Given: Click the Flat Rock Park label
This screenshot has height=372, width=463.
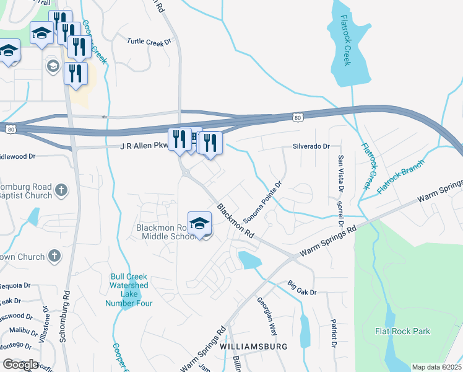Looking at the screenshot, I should [x=402, y=331].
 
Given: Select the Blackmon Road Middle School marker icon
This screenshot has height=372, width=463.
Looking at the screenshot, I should [x=200, y=224].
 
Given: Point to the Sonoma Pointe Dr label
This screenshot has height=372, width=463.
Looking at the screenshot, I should [x=262, y=202].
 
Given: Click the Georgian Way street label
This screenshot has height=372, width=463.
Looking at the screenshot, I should [x=269, y=316].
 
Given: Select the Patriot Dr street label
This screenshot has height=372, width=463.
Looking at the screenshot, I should [x=333, y=334].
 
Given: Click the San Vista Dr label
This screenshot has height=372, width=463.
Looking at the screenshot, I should [x=340, y=173].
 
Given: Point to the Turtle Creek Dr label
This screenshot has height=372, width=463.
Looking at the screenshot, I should [x=149, y=42].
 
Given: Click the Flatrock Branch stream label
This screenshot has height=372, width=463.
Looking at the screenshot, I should [x=401, y=177].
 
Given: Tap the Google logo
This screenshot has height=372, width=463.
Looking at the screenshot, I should [x=20, y=365].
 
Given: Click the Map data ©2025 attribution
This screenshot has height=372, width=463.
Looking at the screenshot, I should [x=436, y=367].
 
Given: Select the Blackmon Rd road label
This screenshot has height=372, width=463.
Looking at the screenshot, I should [x=236, y=221].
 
